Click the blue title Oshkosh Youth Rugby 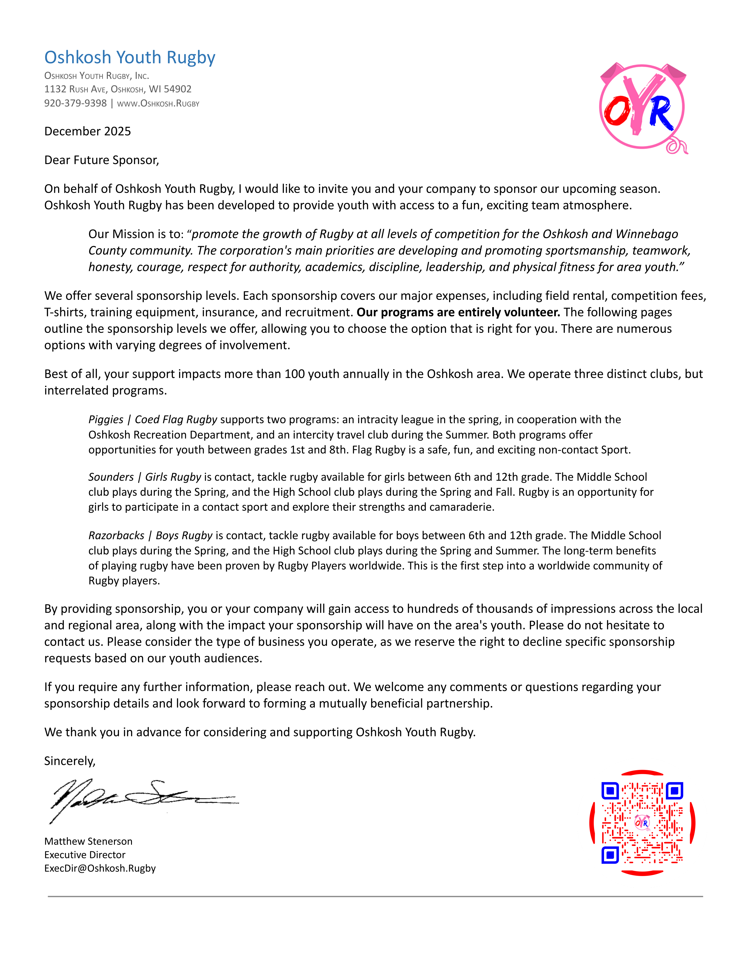pos(130,57)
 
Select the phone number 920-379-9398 pos(75,103)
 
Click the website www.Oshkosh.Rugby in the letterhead pos(158,104)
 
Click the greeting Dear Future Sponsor pos(101,160)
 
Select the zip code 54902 pos(178,89)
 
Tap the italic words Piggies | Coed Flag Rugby pos(153,420)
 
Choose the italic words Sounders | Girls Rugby pos(145,477)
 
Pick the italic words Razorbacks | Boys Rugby pos(150,535)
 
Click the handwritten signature pos(142,800)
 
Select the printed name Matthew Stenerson pos(88,841)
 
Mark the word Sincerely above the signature pos(70,761)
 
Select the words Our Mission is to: pos(136,234)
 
